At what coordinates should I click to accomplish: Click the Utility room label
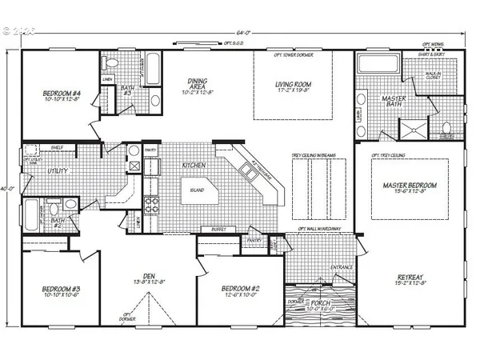click(37, 171)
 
